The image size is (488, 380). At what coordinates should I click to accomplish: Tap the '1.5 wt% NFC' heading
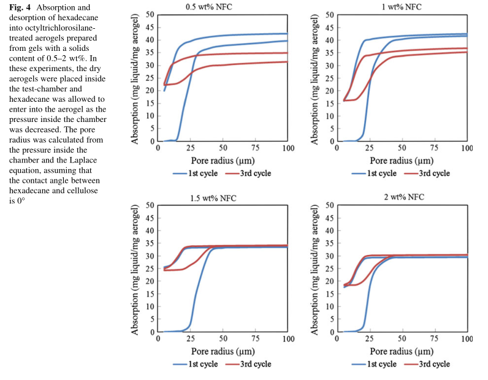(212, 198)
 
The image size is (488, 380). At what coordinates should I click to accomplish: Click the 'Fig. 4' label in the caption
(20, 7)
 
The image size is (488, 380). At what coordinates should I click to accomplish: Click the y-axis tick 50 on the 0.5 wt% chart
(149, 13)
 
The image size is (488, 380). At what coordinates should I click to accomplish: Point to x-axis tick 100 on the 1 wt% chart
(467, 149)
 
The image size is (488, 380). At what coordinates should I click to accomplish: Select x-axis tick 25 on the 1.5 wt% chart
(191, 340)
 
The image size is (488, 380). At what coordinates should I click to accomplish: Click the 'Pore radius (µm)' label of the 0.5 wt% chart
(222, 161)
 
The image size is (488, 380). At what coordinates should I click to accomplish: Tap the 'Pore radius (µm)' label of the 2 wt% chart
(403, 351)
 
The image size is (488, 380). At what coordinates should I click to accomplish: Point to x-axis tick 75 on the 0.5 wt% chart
(256, 149)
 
